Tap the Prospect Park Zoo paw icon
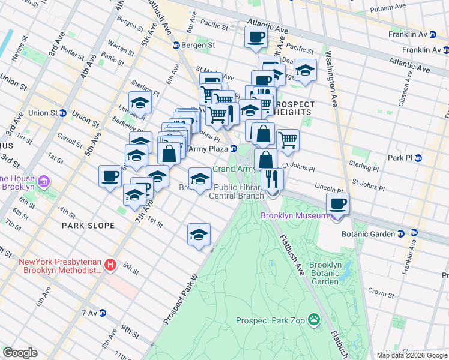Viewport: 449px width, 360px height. pyautogui.click(x=313, y=320)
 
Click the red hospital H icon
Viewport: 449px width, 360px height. pyautogui.click(x=110, y=264)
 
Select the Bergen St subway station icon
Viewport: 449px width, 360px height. pyautogui.click(x=176, y=46)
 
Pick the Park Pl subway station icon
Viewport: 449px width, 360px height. pyautogui.click(x=419, y=158)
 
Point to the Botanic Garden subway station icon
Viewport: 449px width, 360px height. pyautogui.click(x=414, y=233)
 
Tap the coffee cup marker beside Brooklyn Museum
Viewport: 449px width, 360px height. pyautogui.click(x=337, y=203)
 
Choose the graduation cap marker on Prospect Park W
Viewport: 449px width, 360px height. pyautogui.click(x=199, y=235)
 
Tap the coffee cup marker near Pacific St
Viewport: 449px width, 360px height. pyautogui.click(x=256, y=37)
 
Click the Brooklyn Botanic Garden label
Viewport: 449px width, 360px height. pyautogui.click(x=325, y=273)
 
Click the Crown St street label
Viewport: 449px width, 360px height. pyautogui.click(x=381, y=293)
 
